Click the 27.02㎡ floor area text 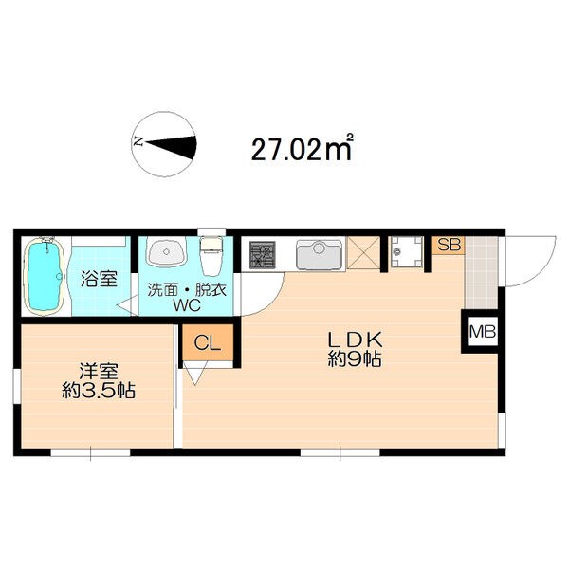302,148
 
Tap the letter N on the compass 138,141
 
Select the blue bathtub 44,277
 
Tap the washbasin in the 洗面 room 166,251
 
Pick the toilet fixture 211,256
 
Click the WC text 187,305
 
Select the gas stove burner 263,255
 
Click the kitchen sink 319,253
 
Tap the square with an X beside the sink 363,253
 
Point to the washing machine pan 406,252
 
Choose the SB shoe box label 449,245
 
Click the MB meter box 483,331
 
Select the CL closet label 207,342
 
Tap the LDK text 355,340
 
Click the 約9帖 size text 355,359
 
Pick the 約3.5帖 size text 99,391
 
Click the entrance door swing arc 544,269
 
